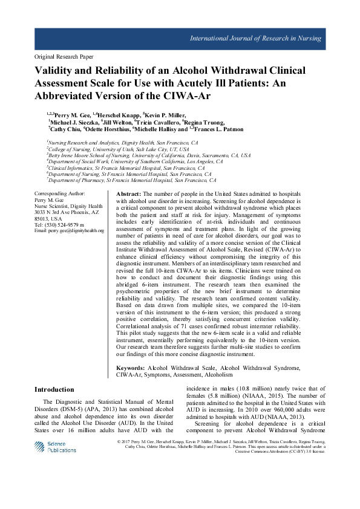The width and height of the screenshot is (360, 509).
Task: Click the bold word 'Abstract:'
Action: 129,192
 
